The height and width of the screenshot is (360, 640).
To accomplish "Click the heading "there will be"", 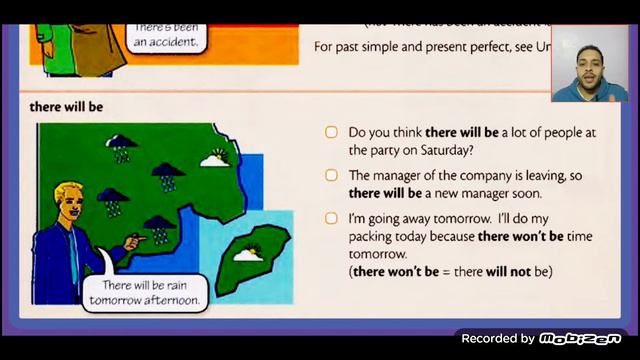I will click(67, 106).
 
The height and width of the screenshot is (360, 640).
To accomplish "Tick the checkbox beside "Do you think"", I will click(331, 132).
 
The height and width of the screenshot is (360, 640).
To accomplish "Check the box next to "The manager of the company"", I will click(331, 175).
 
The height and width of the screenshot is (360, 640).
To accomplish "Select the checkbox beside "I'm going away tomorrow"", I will click(331, 218).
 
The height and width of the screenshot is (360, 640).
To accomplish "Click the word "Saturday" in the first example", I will click(441, 150).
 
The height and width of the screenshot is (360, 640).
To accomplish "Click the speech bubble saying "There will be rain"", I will click(143, 292).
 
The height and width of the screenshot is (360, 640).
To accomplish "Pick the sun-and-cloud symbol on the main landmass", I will click(214, 158).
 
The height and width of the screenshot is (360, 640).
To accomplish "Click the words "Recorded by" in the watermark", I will click(498, 338).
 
